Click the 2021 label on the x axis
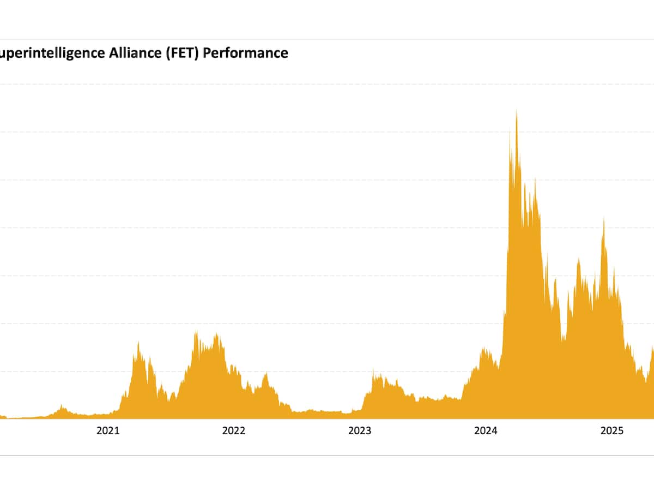click(108, 431)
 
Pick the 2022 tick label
click(234, 431)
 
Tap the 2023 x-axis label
click(360, 431)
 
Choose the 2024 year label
click(486, 431)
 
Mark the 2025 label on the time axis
click(611, 431)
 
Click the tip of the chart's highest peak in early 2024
click(516, 110)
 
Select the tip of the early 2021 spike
click(138, 342)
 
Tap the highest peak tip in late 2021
click(196, 331)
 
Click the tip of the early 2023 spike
click(373, 370)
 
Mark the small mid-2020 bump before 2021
click(62, 405)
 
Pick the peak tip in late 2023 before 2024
click(483, 347)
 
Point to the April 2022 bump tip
click(266, 373)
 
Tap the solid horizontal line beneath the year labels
click(327, 455)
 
